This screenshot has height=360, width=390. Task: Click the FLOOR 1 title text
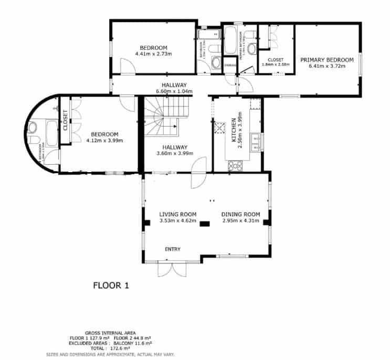pyautogui.click(x=111, y=286)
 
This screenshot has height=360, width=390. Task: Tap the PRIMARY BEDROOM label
pyautogui.click(x=326, y=60)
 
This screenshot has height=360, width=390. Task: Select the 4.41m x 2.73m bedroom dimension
pyautogui.click(x=153, y=54)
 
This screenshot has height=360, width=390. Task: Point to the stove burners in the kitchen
pyautogui.click(x=235, y=166)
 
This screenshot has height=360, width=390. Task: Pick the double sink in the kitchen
pyautogui.click(x=255, y=142)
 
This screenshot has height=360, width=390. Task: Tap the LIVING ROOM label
pyautogui.click(x=177, y=214)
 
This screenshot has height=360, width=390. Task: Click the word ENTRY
pyautogui.click(x=173, y=249)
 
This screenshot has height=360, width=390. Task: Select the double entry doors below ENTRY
pyautogui.click(x=170, y=269)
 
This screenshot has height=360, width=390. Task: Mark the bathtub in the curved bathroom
pyautogui.click(x=52, y=134)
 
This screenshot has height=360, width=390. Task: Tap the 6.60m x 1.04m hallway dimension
pyautogui.click(x=174, y=91)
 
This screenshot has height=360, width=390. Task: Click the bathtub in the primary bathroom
pyautogui.click(x=231, y=41)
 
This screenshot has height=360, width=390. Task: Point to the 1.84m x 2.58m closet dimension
pyautogui.click(x=276, y=64)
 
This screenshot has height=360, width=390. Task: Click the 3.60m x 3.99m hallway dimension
pyautogui.click(x=175, y=153)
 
